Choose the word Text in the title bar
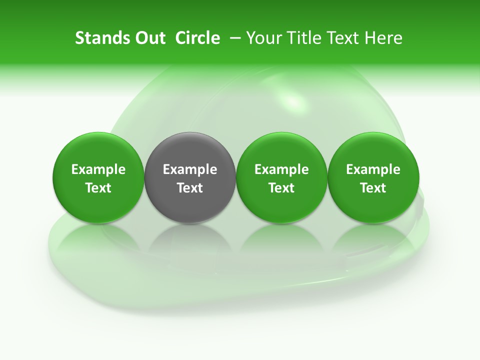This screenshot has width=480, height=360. click(x=342, y=38)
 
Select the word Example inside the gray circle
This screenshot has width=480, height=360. click(x=190, y=169)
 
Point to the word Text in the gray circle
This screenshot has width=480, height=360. click(x=190, y=188)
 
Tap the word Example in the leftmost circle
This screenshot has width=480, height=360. click(x=98, y=169)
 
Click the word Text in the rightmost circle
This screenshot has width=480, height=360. click(x=373, y=188)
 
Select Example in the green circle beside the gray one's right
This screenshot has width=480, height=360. click(x=281, y=169)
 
